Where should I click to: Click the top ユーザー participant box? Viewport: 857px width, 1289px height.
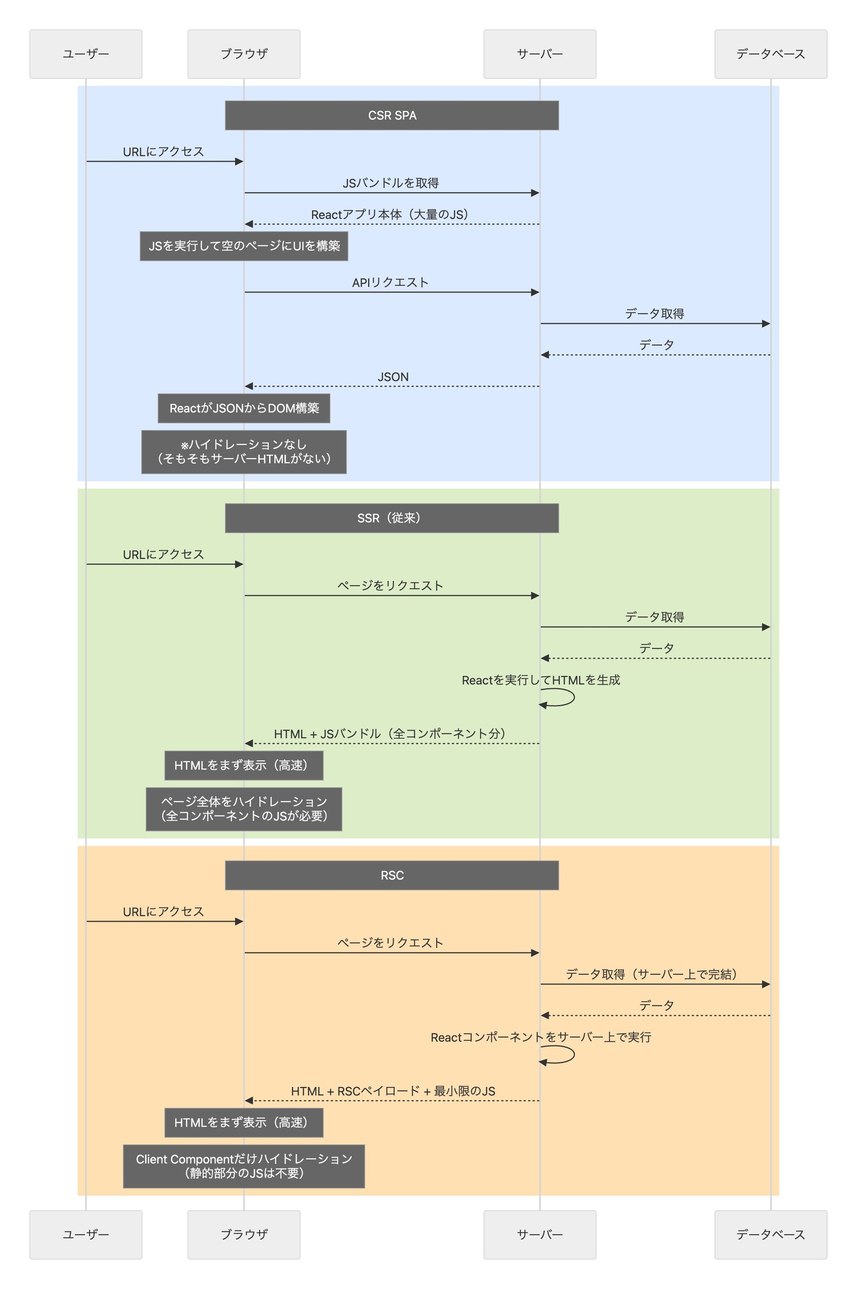coord(86,54)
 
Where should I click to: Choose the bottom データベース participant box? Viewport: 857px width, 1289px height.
coord(770,1234)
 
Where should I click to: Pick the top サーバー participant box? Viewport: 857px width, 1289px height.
coord(539,54)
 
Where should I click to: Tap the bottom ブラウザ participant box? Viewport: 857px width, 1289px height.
coord(244,1234)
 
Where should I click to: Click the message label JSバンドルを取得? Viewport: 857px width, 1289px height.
coord(390,183)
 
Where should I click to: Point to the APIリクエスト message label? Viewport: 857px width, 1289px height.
coord(390,282)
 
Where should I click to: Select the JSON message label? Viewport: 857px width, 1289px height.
coord(393,377)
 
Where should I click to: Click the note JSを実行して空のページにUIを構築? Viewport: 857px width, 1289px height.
coord(244,246)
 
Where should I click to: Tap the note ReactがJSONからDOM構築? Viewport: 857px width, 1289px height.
coord(244,408)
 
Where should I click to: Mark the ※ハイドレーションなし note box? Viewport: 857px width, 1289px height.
coord(244,452)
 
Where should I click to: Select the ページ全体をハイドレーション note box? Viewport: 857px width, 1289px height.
coord(244,809)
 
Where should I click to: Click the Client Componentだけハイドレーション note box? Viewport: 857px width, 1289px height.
coord(244,1166)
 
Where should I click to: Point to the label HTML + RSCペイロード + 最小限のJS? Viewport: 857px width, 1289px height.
coord(393,1091)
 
